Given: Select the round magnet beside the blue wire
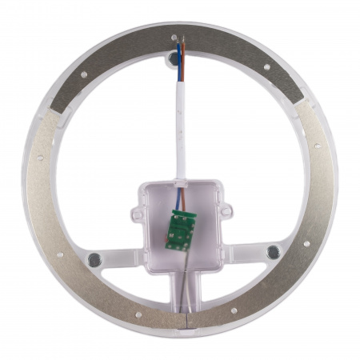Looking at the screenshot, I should [174, 58].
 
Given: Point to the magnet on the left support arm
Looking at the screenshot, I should [94, 259].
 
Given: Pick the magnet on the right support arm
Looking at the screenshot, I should [273, 252].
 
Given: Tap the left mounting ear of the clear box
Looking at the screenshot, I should [136, 213].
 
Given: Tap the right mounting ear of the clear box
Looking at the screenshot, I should [226, 210].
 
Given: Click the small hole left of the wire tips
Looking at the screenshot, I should [174, 37].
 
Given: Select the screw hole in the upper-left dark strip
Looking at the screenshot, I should [84, 74].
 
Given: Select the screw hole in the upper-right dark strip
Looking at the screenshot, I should [266, 67].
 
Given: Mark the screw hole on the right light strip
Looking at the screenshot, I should [317, 146].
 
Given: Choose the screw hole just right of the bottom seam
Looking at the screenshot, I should [233, 311].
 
